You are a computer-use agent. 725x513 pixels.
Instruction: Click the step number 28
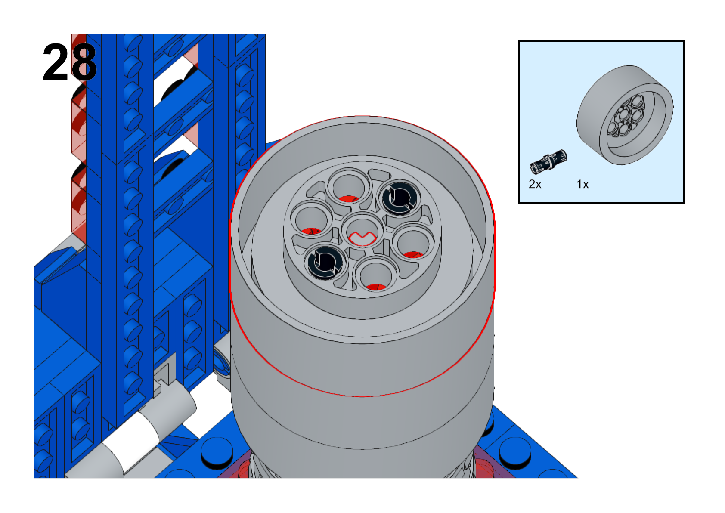pyautogui.click(x=70, y=62)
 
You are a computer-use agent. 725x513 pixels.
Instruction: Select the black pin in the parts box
pyautogui.click(x=548, y=161)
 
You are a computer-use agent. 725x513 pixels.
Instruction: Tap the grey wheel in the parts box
pyautogui.click(x=625, y=115)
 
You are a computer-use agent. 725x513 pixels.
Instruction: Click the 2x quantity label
pyautogui.click(x=535, y=184)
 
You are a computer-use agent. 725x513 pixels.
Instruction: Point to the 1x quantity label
pyautogui.click(x=582, y=184)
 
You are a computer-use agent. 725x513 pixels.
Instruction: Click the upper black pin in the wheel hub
pyautogui.click(x=400, y=197)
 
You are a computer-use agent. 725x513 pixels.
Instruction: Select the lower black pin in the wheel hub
pyautogui.click(x=325, y=262)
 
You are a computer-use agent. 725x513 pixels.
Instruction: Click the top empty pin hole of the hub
pyautogui.click(x=349, y=186)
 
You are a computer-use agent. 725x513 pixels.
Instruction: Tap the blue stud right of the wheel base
pyautogui.click(x=515, y=451)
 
